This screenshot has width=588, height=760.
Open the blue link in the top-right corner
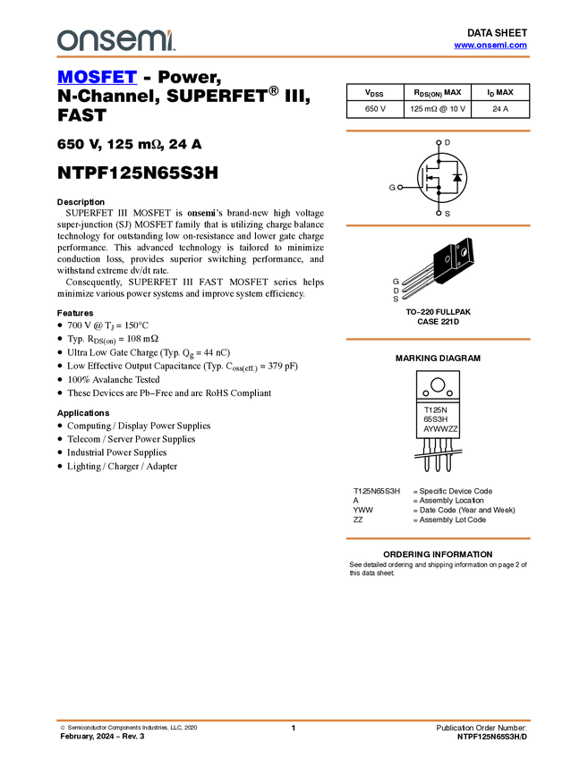[490, 45]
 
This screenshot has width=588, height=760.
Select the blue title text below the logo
[97, 78]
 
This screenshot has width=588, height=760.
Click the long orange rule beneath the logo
[293, 57]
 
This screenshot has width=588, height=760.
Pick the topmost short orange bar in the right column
[438, 131]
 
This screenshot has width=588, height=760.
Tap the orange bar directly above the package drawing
[438, 225]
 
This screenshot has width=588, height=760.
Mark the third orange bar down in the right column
[438, 339]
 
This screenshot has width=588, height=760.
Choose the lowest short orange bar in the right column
[438, 538]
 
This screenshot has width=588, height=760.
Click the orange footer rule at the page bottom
[293, 720]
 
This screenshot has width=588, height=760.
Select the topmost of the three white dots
[439, 142]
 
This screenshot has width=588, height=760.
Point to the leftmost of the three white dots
[399, 187]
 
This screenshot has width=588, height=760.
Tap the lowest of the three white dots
[439, 213]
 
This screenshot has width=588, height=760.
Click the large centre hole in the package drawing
[463, 252]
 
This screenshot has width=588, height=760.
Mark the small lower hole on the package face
[458, 265]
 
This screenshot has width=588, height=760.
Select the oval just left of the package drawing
[447, 259]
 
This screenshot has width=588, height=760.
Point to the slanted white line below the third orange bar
[438, 454]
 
